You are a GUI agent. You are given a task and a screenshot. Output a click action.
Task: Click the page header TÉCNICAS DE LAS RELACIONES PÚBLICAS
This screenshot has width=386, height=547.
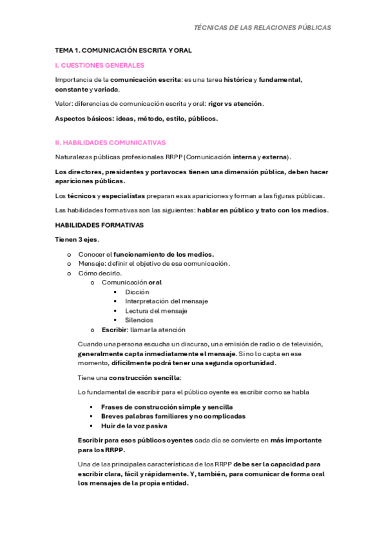pos(262,28)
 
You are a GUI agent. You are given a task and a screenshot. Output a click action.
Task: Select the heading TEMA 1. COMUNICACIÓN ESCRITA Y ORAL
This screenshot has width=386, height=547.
pos(123,50)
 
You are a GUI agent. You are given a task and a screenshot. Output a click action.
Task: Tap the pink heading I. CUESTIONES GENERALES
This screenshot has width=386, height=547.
pos(100,65)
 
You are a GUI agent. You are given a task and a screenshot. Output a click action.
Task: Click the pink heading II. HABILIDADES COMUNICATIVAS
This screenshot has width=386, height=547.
pos(111,143)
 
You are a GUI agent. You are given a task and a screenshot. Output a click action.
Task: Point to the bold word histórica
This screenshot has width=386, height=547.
pos(238,80)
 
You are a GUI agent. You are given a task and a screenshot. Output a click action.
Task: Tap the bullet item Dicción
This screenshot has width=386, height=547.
pos(137,292)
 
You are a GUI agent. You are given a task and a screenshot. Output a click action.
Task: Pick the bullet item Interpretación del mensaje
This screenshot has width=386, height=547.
pos(163,301)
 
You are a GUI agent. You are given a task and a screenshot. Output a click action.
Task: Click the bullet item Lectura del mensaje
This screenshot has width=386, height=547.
pos(156,311)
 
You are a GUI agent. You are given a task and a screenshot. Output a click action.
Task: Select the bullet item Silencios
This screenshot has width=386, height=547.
pos(139,320)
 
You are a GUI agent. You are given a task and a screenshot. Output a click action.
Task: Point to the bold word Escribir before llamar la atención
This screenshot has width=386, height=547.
pos(113,330)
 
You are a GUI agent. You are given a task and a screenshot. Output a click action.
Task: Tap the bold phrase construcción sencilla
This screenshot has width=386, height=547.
pos(144,377)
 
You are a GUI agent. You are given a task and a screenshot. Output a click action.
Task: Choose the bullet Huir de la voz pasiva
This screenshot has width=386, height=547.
pos(134,426)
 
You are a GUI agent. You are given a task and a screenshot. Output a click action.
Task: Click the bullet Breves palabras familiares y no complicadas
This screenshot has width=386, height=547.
pos(173,416)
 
